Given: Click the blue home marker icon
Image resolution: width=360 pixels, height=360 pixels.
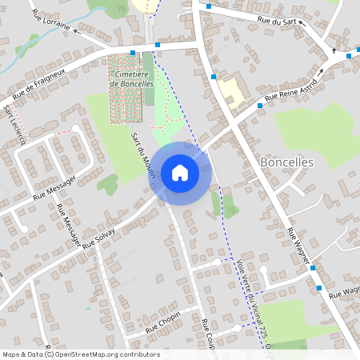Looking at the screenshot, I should pyautogui.click(x=180, y=173).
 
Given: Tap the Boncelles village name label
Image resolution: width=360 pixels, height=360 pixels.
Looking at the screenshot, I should pyautogui.click(x=287, y=162).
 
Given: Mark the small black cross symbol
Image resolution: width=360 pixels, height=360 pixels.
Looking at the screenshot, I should pyautogui.click(x=334, y=50).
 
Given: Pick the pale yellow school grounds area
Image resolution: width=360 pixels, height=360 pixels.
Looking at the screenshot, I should pyautogui.click(x=231, y=91).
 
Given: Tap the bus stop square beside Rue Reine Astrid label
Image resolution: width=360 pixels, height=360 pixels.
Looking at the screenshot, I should pyautogui.click(x=260, y=105).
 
